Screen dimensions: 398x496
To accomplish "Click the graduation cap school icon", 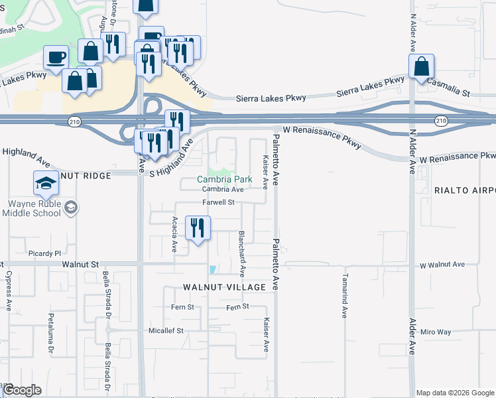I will pyautogui.click(x=45, y=184).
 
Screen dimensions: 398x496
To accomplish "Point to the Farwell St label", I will pyautogui.click(x=219, y=202).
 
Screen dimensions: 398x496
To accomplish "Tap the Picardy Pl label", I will pyautogui.click(x=44, y=253).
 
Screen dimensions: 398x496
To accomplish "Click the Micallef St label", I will pyautogui.click(x=165, y=330).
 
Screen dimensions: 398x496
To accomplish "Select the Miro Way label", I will pyautogui.click(x=435, y=332).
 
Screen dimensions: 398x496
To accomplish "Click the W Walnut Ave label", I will pyautogui.click(x=442, y=264).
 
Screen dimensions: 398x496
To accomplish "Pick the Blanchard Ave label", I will pyautogui.click(x=242, y=253).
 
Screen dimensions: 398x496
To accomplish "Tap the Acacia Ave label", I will pyautogui.click(x=174, y=234).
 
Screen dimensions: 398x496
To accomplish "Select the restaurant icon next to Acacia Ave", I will pyautogui.click(x=197, y=228).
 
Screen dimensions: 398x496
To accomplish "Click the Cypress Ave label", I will pyautogui.click(x=9, y=291).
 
